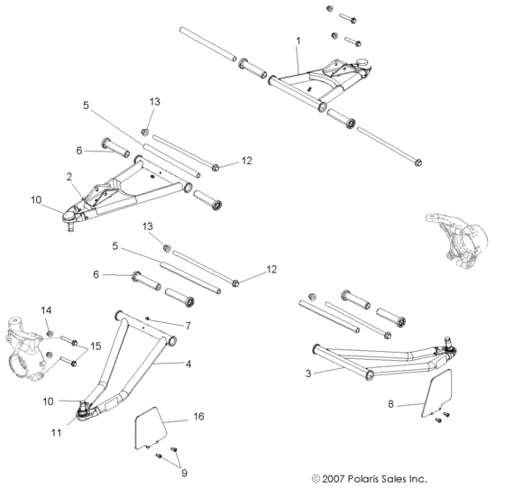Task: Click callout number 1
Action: coord(298,41)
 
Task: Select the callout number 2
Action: coord(69,177)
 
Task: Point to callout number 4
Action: coord(189,364)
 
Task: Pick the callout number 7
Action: coord(188,325)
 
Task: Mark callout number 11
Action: coord(56,433)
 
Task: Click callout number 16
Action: coord(197,419)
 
